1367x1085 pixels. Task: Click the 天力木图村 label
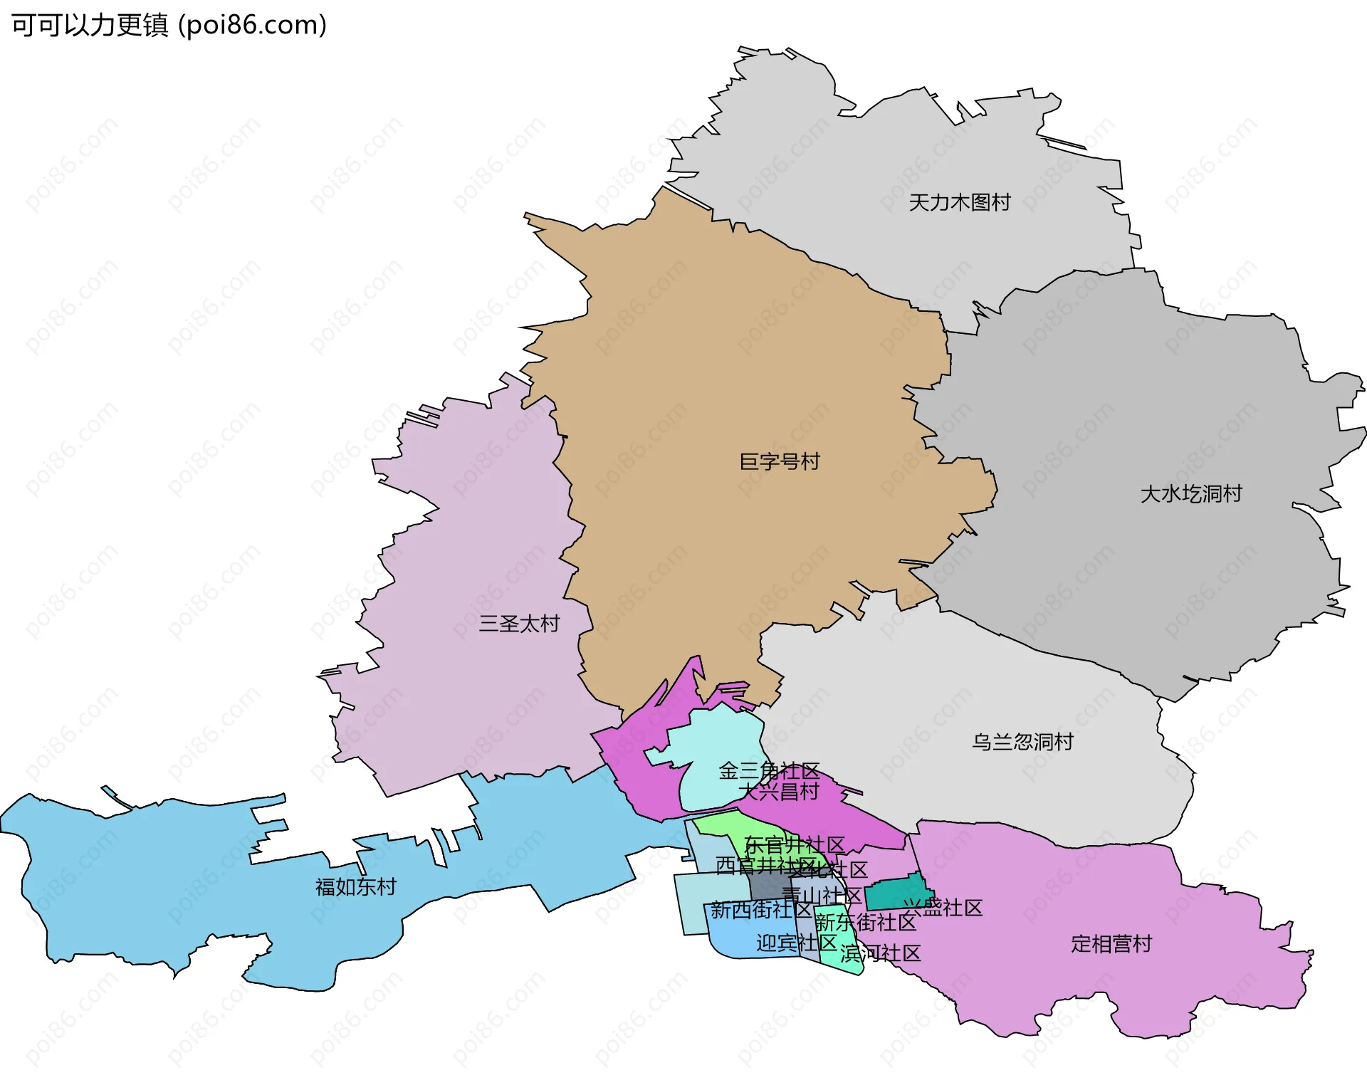pos(959,203)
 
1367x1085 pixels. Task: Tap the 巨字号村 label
pos(780,462)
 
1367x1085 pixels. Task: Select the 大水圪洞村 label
pos(1190,494)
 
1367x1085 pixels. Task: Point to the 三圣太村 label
pos(519,624)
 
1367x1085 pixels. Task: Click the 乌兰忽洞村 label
pos(1022,743)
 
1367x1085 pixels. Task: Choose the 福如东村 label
pos(355,887)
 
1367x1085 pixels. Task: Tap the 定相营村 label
pos(1111,945)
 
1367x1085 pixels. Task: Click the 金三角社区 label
pos(769,771)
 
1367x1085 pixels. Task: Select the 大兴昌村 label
pos(778,792)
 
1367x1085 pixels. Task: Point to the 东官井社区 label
pos(795,846)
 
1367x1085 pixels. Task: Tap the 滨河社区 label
pos(880,954)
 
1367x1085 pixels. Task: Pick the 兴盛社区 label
pos(943,908)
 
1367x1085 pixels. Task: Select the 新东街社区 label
pos(865,923)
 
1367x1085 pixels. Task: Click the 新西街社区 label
pos(760,910)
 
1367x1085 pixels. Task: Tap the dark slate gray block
pos(768,886)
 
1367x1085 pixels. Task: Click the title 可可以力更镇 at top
pos(90,26)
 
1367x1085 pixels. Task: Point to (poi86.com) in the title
pos(253,26)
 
